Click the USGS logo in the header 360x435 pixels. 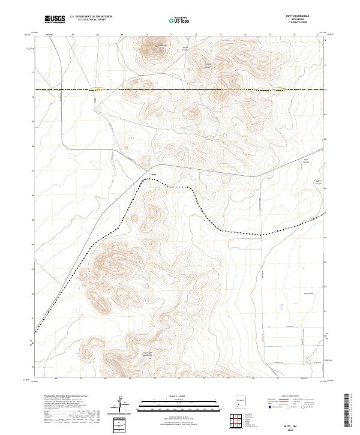55,20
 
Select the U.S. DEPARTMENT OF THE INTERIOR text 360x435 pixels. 91,17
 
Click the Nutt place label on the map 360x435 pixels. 153,175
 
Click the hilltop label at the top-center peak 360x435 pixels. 161,44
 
